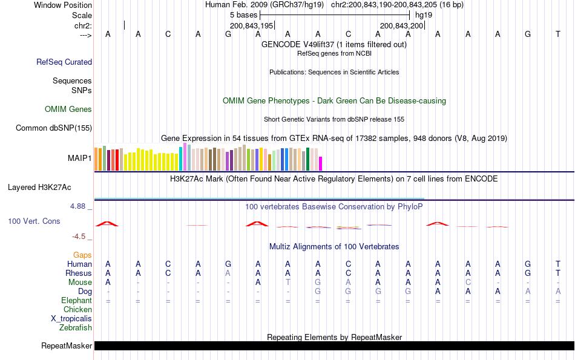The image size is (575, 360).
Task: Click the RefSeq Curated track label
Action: coord(64,62)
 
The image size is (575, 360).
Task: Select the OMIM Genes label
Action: coord(68,110)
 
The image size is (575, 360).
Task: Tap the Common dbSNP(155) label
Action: coord(54,128)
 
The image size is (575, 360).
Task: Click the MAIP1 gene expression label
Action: coord(80,159)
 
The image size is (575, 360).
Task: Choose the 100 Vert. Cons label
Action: coord(34,221)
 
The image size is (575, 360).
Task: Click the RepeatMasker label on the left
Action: coord(67,346)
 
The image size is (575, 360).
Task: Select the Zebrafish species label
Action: coord(76,328)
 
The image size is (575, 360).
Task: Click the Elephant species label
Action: coord(76,301)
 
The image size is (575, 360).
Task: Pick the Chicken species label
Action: coord(77,310)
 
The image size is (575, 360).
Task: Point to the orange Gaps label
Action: coord(82,255)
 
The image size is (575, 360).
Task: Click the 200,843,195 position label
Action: coord(252,26)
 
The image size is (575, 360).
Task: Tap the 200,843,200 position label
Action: coord(401,26)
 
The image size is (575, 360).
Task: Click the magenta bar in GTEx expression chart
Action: coord(321,164)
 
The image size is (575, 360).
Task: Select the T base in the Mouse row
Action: coord(288,283)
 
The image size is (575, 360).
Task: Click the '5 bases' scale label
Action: coord(243,15)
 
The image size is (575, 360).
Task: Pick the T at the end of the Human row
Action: coord(558,264)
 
